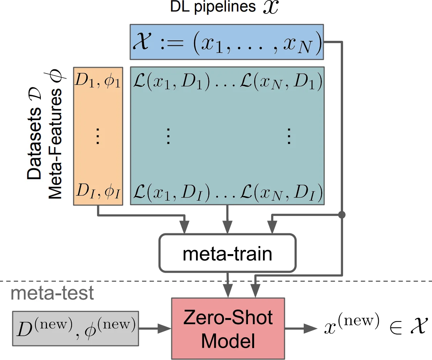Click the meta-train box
[x=227, y=253]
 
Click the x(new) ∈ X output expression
[x=370, y=328]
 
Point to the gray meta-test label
[x=52, y=293]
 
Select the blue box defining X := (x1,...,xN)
[x=226, y=42]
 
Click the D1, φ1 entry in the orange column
[x=97, y=82]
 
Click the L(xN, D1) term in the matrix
[x=281, y=82]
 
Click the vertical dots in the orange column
[x=97, y=136]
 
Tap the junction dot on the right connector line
[x=341, y=214]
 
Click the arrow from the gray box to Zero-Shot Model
[x=154, y=328]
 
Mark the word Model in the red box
[x=228, y=341]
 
